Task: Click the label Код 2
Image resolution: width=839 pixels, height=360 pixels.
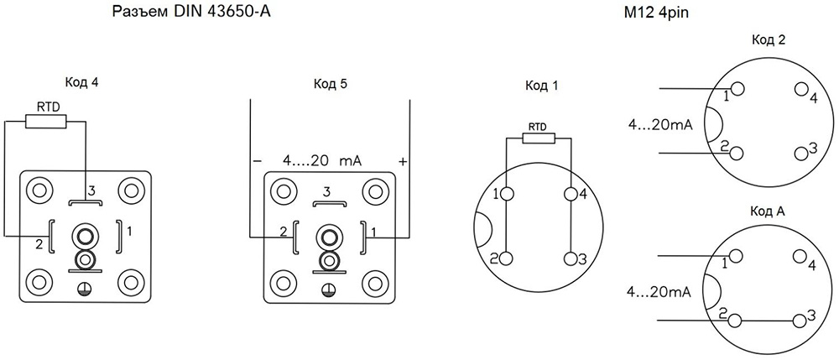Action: [x=769, y=40]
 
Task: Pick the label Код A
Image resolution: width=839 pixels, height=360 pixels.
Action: [x=768, y=211]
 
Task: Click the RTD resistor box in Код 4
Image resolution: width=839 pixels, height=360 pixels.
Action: [x=45, y=122]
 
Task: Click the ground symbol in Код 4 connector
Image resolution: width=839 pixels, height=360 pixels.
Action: [x=84, y=289]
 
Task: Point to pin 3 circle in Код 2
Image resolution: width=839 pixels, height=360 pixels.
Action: [x=798, y=153]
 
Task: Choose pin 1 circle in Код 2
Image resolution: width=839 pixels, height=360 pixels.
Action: [x=737, y=89]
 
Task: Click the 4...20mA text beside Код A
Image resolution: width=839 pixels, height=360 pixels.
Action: [x=659, y=292]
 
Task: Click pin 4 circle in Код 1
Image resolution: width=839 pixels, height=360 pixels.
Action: [x=572, y=195]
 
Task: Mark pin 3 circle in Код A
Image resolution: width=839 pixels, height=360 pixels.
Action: [x=798, y=320]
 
